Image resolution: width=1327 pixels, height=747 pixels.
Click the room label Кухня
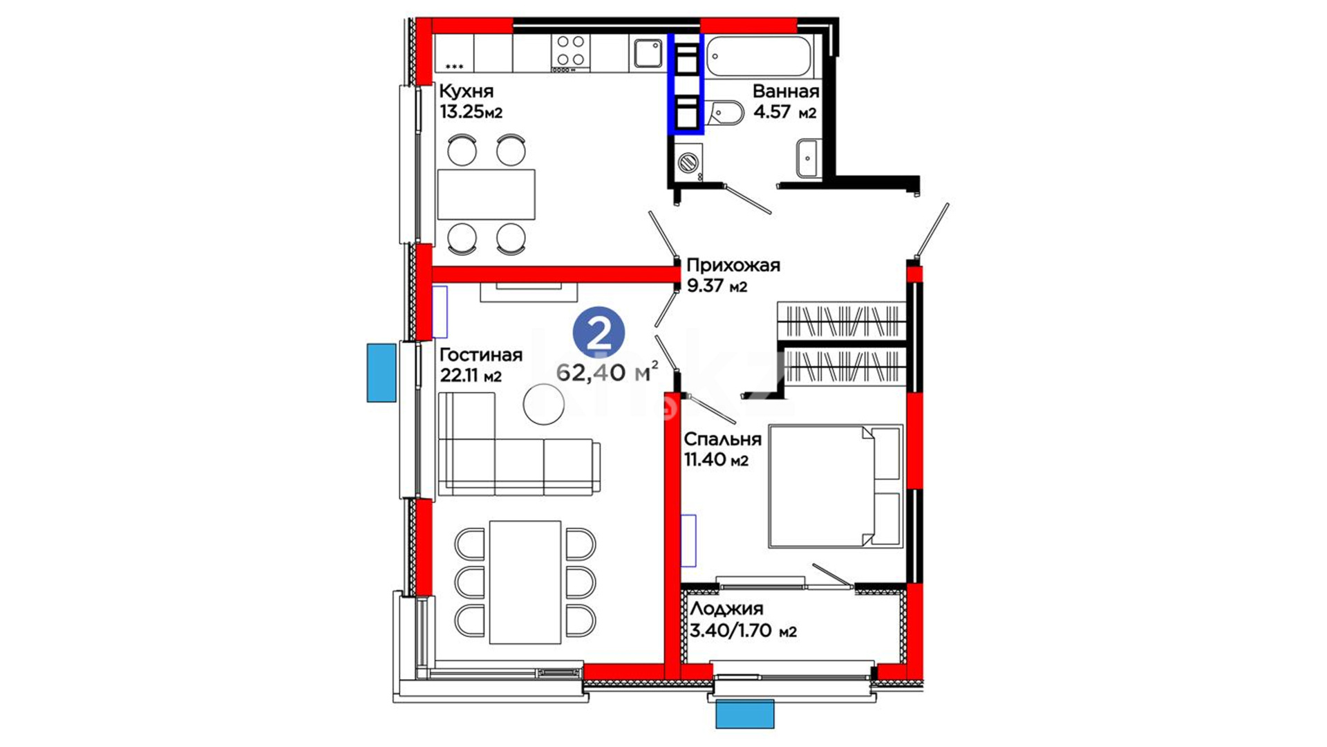467,91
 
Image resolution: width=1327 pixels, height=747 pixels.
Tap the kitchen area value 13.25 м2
471,111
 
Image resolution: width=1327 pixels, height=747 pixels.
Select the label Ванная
786,91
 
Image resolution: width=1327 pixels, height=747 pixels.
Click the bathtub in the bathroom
759,55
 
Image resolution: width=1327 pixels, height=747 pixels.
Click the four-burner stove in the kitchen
571,53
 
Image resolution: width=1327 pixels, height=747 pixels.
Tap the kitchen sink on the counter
648,53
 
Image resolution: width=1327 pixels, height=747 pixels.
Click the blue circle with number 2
599,333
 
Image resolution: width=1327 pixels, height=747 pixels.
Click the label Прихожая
733,266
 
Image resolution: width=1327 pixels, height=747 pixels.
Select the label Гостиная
481,355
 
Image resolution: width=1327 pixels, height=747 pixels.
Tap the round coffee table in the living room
544,404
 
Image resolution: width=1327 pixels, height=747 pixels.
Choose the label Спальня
723,439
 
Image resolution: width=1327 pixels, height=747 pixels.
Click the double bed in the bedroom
836,486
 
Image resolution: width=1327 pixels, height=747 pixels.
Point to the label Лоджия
726,609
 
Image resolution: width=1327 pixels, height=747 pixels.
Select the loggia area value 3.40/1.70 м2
744,631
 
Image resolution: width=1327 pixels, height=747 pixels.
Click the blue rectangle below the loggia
744,714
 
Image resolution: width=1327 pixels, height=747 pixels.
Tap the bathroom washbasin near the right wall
807,158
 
